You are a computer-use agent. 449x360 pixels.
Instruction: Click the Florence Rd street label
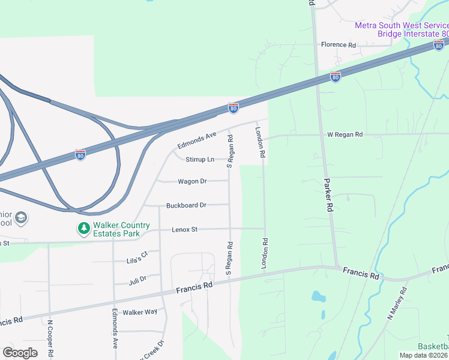pos(338,45)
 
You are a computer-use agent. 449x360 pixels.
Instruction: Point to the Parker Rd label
pos(328,195)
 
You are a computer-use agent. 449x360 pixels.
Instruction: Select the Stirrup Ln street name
pos(200,160)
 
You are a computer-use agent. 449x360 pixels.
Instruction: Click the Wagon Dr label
pos(192,181)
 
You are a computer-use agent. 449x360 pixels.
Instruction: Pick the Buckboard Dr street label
pos(186,205)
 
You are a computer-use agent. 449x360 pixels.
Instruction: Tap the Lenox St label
pos(185,230)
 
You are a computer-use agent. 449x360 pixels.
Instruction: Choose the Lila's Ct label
pos(137,258)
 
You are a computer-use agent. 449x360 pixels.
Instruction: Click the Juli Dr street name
pos(137,280)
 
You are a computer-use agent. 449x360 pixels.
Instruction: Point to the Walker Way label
pos(139,312)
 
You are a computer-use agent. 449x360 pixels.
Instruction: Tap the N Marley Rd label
pos(397,304)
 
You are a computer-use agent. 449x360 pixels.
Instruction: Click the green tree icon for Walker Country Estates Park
pos(83,229)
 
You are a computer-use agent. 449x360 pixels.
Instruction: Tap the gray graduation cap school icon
pos(21,217)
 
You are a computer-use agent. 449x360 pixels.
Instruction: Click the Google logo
pos(20,353)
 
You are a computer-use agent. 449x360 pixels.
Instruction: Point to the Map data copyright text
pos(424,355)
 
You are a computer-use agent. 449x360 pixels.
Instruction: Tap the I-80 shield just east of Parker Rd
pos(336,77)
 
